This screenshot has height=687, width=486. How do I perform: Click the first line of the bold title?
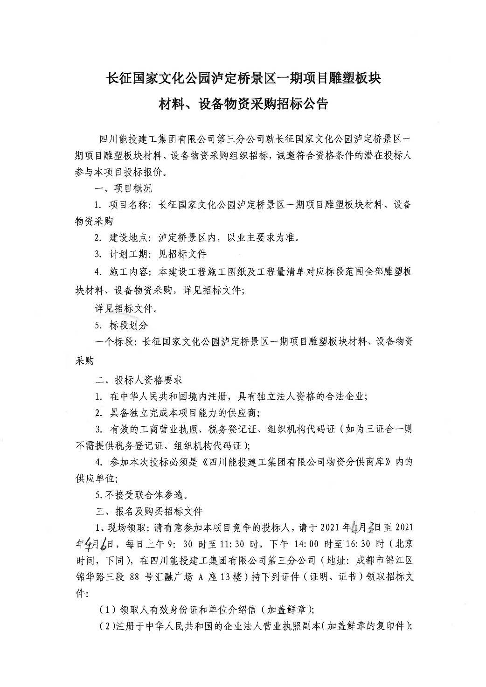point(244,78)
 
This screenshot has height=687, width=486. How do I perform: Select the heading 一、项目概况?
point(123,188)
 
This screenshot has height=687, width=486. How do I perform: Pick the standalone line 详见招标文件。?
point(126,308)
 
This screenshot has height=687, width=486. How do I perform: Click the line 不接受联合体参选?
point(145,494)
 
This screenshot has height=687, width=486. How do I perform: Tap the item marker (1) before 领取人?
point(107,609)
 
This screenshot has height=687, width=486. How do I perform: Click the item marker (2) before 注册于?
point(107,626)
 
